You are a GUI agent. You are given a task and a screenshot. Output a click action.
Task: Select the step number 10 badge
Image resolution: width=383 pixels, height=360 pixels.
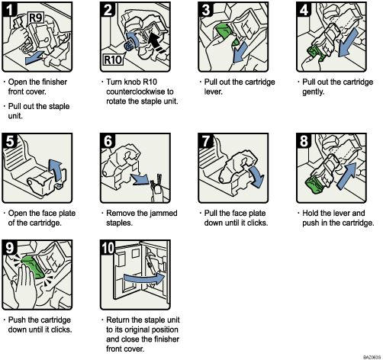[108, 246]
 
